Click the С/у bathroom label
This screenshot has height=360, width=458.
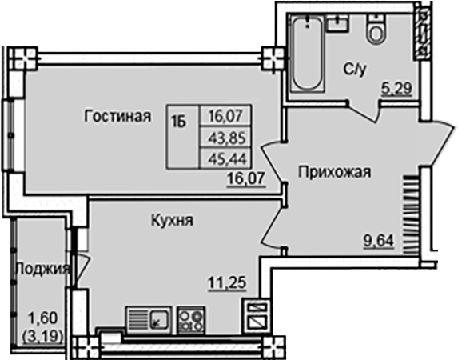356,70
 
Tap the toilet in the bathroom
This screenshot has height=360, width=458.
375,32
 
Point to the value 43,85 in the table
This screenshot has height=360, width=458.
226,137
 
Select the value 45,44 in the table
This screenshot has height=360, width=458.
226,157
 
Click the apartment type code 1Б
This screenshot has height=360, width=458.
181,122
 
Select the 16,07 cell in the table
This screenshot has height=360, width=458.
226,117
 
